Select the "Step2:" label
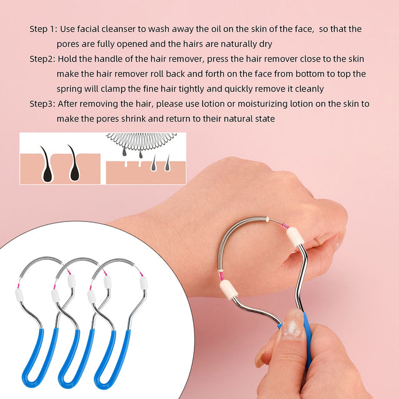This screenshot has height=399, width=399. point(42,59)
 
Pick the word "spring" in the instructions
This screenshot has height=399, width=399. point(71,89)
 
